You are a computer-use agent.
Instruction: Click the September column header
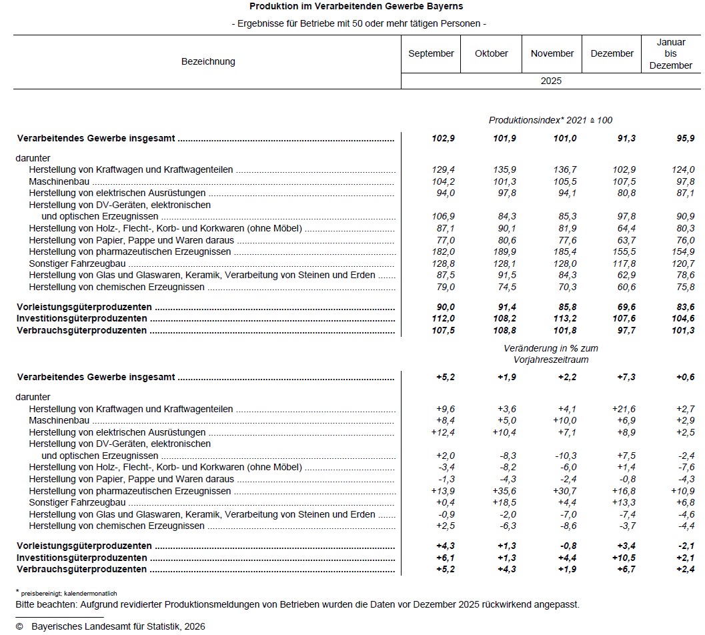tap(431, 53)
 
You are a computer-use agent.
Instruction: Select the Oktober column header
tap(492, 53)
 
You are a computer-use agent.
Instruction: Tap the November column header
tap(552, 53)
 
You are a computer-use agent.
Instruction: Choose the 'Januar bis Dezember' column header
tap(670, 53)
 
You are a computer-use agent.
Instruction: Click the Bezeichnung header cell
tap(208, 61)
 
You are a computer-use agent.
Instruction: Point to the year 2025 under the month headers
tap(551, 81)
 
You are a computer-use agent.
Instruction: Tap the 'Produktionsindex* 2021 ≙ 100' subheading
tap(550, 120)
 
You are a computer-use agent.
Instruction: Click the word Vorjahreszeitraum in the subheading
tap(550, 360)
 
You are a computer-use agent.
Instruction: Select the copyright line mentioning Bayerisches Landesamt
tap(110, 626)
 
